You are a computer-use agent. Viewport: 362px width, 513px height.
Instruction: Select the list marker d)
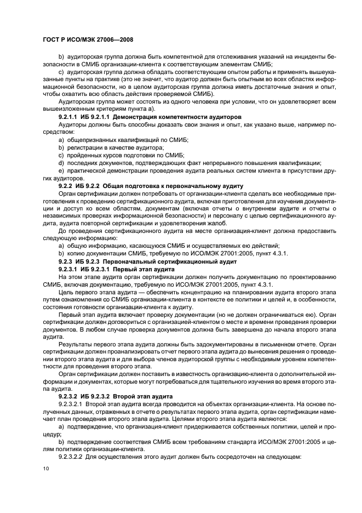(61, 163)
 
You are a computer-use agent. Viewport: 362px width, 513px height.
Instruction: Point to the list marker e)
(61, 170)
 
